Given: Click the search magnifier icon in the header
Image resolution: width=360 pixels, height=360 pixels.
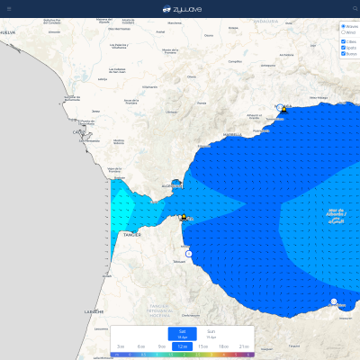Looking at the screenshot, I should coord(355,8).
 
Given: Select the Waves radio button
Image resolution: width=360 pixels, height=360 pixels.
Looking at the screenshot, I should coord(343,27).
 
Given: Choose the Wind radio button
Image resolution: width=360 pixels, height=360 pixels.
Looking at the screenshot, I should coord(343,32).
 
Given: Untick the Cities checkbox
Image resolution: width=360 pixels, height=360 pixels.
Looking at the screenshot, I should coord(343,41).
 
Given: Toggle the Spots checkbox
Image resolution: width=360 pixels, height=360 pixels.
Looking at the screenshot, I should coord(343,48).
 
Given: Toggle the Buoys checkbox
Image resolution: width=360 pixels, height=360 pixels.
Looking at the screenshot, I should coord(343,54).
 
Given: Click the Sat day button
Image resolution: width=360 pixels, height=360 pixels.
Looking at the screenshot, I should coord(182,333).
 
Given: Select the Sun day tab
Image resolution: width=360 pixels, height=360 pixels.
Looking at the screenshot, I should coord(211,333).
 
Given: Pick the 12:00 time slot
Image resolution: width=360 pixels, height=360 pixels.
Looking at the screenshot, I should coord(182,346).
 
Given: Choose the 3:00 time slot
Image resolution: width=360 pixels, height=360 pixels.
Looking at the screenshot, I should coord(120,346).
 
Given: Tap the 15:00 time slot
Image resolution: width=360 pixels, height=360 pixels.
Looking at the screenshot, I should coord(202,346).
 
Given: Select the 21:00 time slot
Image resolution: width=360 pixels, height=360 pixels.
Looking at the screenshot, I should coord(244,346).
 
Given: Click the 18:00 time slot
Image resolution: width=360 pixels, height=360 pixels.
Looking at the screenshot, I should coord(223,346).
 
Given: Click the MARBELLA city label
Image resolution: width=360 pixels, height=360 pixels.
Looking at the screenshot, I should coord(232,135).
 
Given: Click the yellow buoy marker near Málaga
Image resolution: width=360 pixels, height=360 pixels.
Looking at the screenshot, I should coord(283,110).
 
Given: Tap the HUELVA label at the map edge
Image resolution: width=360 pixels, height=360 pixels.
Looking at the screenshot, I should coord(8,31).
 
